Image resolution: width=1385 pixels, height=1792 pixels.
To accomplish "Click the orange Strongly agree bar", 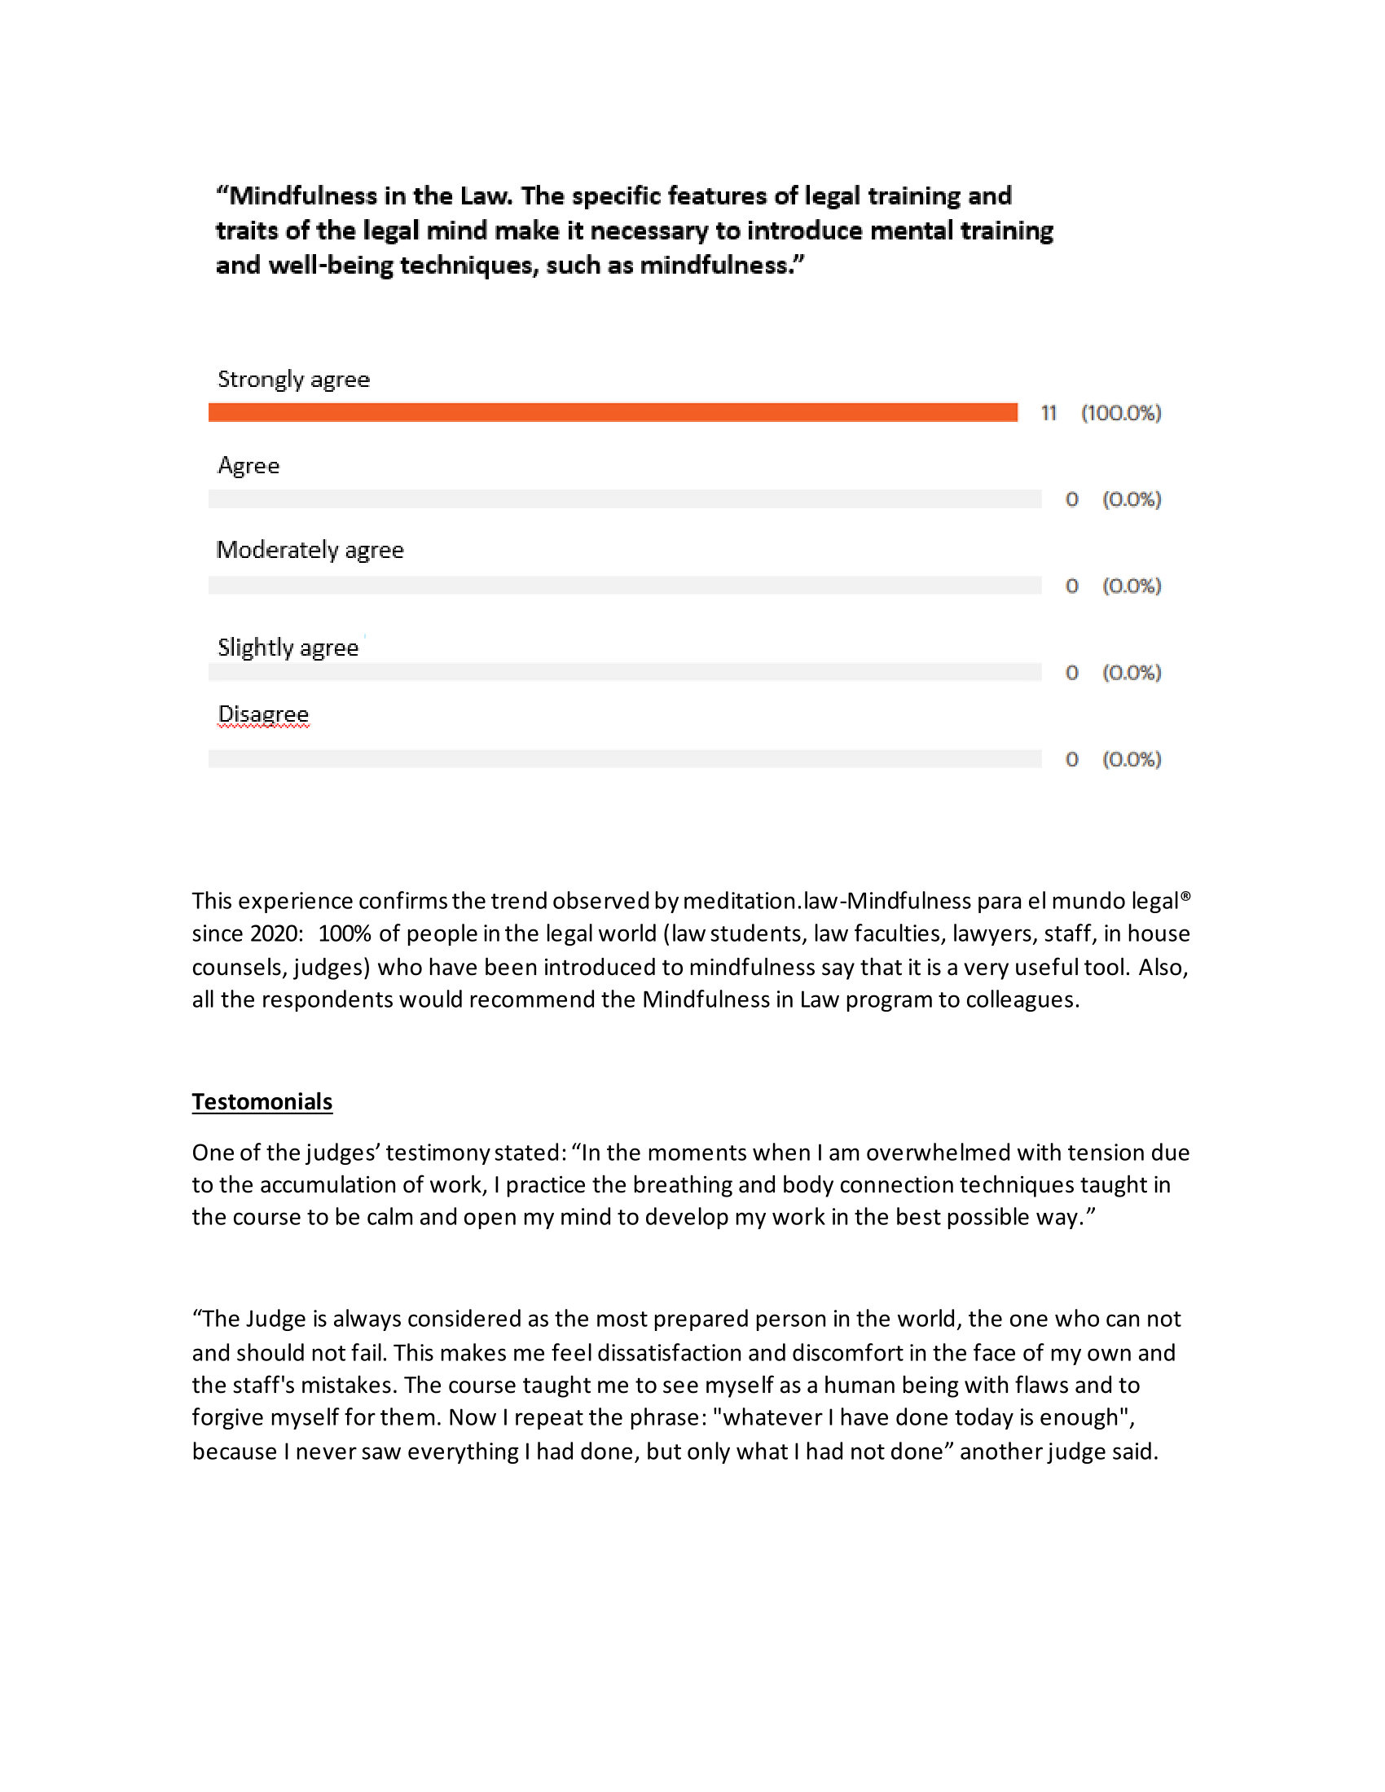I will click(x=612, y=413).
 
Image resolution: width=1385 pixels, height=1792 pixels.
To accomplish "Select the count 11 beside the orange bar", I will click(x=1048, y=414).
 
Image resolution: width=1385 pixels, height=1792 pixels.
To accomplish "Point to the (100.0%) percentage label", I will click(x=1121, y=414).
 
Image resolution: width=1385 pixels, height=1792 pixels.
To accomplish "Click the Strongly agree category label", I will click(x=294, y=380).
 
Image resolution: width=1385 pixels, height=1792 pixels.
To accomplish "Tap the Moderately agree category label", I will click(x=310, y=550).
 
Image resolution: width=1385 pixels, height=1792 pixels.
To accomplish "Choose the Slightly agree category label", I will click(x=288, y=648).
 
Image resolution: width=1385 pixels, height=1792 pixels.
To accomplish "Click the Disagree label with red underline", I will click(x=263, y=714).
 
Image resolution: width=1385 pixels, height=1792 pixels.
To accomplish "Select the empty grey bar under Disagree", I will click(x=624, y=759).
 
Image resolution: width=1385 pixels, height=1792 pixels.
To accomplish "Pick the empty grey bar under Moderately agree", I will click(x=624, y=586).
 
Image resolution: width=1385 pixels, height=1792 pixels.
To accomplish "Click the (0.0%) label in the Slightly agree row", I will click(x=1132, y=673).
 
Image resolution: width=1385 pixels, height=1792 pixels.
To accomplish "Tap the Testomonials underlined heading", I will click(x=262, y=1102).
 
